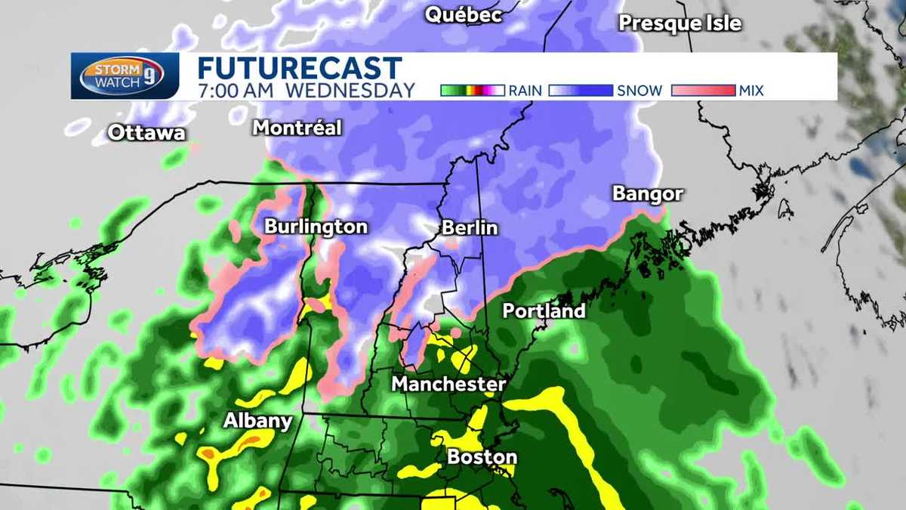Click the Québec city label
click(x=464, y=14)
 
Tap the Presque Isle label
click(x=679, y=23)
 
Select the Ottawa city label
click(x=146, y=132)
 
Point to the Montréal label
click(x=297, y=128)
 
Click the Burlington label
click(x=316, y=227)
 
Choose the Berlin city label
click(x=470, y=227)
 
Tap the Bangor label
click(x=648, y=193)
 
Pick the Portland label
click(x=544, y=311)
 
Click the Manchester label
click(x=448, y=384)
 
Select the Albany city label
click(x=257, y=421)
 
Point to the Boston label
click(x=482, y=456)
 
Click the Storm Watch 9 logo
click(x=125, y=76)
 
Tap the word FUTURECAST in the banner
click(x=300, y=68)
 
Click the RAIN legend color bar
click(x=472, y=91)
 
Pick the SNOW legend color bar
click(x=581, y=91)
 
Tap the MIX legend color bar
click(x=702, y=91)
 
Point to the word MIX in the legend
click(x=751, y=91)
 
